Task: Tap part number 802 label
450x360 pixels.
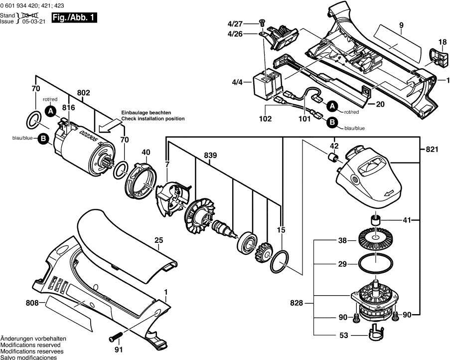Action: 83,92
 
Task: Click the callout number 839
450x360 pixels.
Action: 210,156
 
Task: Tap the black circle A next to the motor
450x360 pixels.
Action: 50,112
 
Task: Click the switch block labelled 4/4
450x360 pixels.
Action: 266,83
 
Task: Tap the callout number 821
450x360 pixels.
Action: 433,150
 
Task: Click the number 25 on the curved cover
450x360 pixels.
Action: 158,240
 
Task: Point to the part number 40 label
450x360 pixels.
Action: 146,153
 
